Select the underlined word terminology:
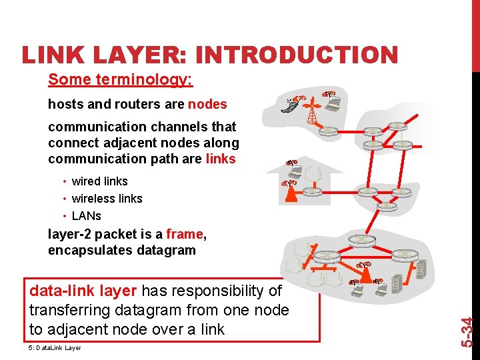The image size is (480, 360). pos(151,80)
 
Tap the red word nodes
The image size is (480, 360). pos(207,105)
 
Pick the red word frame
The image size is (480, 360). pos(185,234)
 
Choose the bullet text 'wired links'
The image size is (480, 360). pos(99,181)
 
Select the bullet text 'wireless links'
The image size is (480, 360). pos(107,199)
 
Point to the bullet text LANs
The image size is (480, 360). pos(86,216)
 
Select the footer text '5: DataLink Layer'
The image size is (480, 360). pos(55,348)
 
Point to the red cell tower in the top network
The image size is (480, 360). pos(311,112)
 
